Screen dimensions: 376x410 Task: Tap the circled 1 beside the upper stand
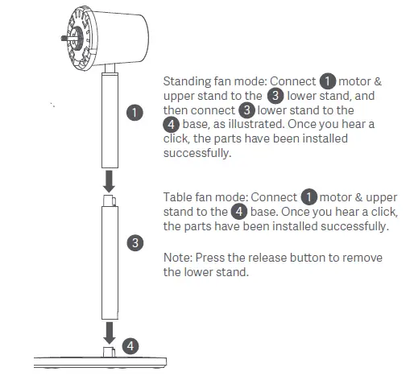[135, 113]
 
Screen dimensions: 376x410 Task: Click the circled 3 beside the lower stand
[135, 241]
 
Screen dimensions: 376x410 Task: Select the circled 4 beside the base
[130, 345]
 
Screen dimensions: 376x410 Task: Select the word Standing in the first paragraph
[186, 81]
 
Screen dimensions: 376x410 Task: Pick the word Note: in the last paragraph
[178, 258]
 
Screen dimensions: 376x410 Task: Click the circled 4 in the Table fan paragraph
[238, 213]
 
